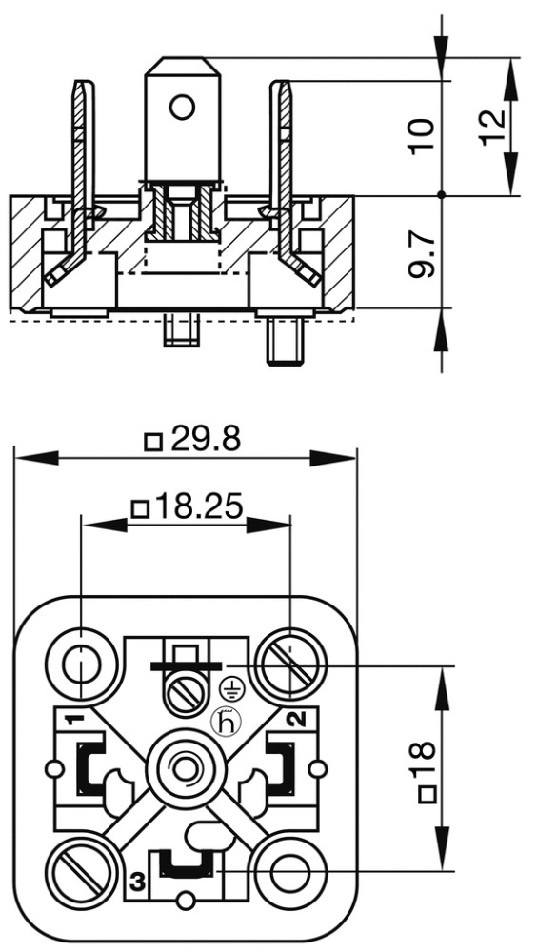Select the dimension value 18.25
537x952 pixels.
[198, 506]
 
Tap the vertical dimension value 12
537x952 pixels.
[492, 127]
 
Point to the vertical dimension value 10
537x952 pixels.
[422, 136]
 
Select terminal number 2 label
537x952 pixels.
[296, 720]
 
